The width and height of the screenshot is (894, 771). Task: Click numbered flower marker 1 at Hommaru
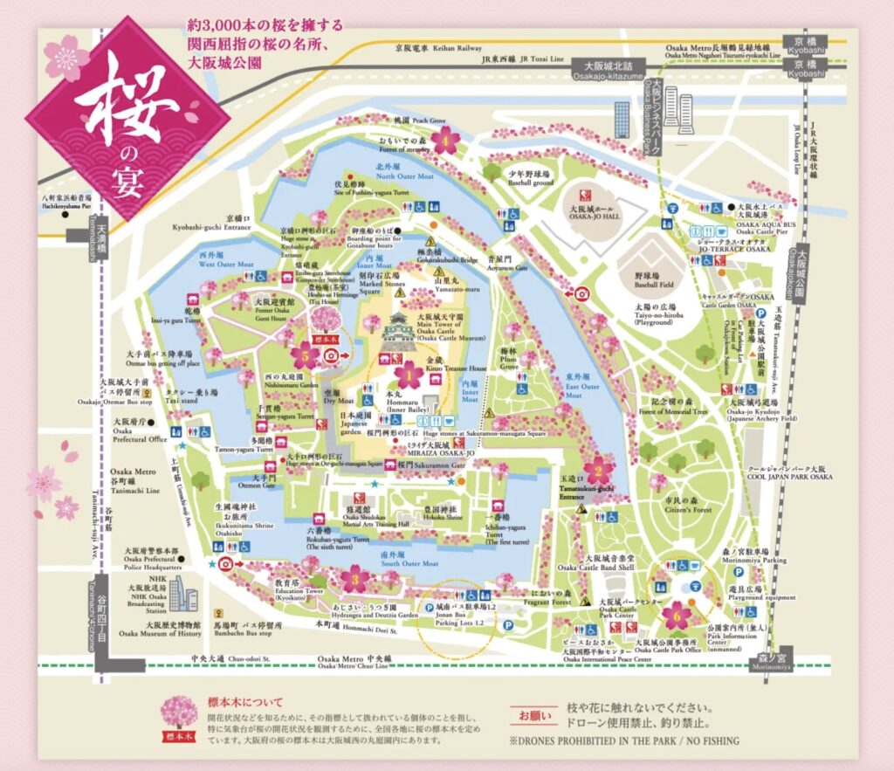pyautogui.click(x=407, y=376)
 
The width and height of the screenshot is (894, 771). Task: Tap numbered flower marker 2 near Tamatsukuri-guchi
pyautogui.click(x=597, y=472)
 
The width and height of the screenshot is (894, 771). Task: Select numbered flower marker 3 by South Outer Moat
pyautogui.click(x=354, y=577)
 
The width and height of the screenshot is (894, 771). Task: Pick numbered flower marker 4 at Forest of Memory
pyautogui.click(x=445, y=140)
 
